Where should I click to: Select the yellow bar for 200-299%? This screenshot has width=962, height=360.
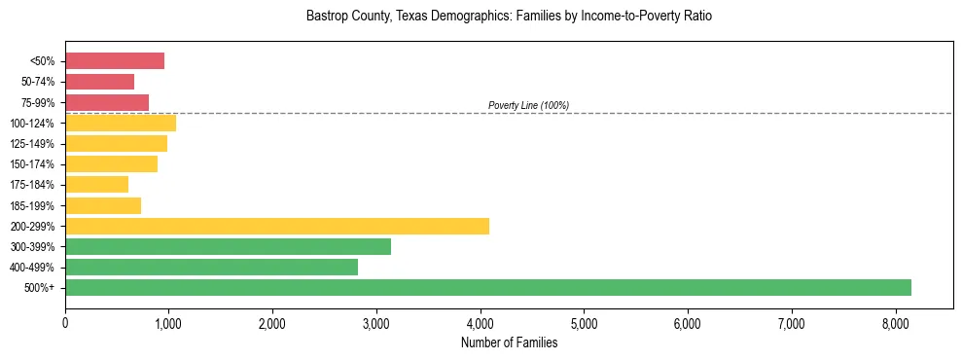[277, 226]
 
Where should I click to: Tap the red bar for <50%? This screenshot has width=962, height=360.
[115, 61]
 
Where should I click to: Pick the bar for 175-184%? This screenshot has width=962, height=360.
[97, 185]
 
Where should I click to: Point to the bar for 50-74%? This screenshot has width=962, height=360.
[100, 82]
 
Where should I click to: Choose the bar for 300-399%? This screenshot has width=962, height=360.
[228, 246]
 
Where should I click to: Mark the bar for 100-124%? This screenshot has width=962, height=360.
[121, 124]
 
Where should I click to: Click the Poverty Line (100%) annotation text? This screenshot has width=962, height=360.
[528, 105]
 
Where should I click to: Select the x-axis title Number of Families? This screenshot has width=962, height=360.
[509, 342]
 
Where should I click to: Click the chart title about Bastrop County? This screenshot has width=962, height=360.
[509, 17]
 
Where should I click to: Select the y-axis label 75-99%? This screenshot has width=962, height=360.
[38, 103]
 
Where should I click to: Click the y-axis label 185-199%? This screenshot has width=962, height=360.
[33, 206]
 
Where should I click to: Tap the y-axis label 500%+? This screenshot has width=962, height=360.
[40, 288]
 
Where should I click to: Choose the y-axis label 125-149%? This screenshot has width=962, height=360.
[33, 144]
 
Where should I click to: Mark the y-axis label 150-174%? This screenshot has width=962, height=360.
[33, 164]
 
